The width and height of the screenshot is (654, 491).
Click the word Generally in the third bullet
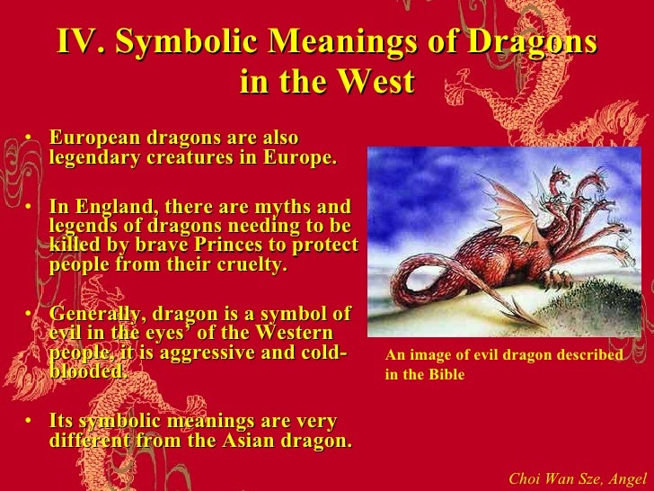click(x=96, y=314)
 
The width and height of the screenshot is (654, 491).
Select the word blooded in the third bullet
click(x=85, y=371)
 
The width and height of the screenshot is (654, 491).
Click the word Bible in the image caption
click(x=446, y=374)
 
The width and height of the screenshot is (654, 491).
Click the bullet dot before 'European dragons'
click(x=30, y=139)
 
